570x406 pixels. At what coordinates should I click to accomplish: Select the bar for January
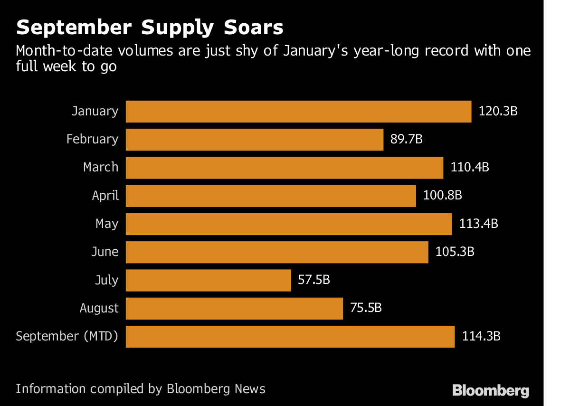(x=298, y=112)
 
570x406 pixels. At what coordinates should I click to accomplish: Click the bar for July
(x=208, y=280)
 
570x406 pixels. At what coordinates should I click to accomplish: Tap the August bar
(x=234, y=309)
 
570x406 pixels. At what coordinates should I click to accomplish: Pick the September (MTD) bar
(x=290, y=337)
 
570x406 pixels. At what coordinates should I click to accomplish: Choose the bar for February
(x=254, y=140)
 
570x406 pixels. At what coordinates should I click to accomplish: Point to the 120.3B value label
(x=498, y=112)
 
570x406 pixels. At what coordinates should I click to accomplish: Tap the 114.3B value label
(x=481, y=337)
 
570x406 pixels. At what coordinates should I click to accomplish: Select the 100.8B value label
(x=443, y=196)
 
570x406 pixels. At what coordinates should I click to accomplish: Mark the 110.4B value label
(x=470, y=168)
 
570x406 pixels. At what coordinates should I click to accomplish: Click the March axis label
(x=101, y=168)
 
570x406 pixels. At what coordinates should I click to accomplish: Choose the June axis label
(x=105, y=252)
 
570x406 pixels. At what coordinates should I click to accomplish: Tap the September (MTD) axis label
(x=67, y=337)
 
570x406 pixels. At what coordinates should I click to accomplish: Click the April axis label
(x=105, y=196)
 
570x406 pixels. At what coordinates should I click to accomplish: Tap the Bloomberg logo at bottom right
(x=490, y=391)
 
